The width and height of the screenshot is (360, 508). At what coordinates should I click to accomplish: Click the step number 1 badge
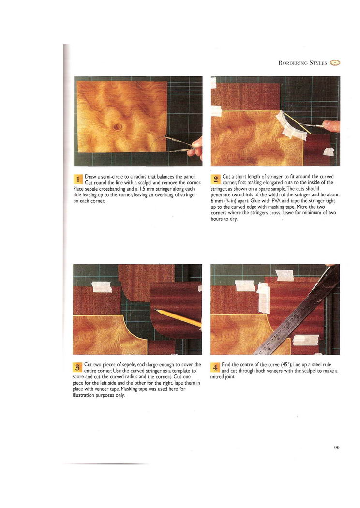click(x=78, y=179)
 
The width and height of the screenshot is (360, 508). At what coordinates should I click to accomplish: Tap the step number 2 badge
click(x=216, y=179)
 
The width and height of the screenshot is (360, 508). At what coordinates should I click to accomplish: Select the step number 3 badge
click(x=77, y=367)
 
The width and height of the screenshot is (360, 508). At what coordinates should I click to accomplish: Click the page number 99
click(x=337, y=448)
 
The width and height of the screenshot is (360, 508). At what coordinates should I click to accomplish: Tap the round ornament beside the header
click(x=335, y=63)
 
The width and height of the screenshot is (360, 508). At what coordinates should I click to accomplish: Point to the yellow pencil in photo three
click(x=178, y=318)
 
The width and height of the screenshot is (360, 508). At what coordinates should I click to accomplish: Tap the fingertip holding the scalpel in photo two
click(x=331, y=125)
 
